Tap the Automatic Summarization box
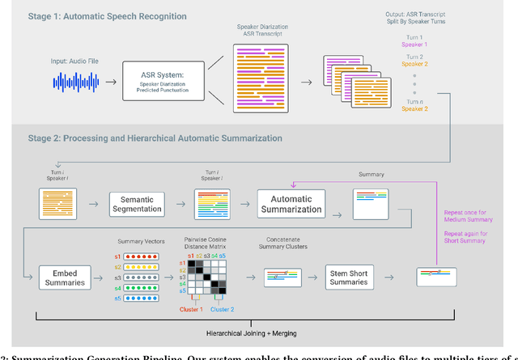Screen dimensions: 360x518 coord(291,203)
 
